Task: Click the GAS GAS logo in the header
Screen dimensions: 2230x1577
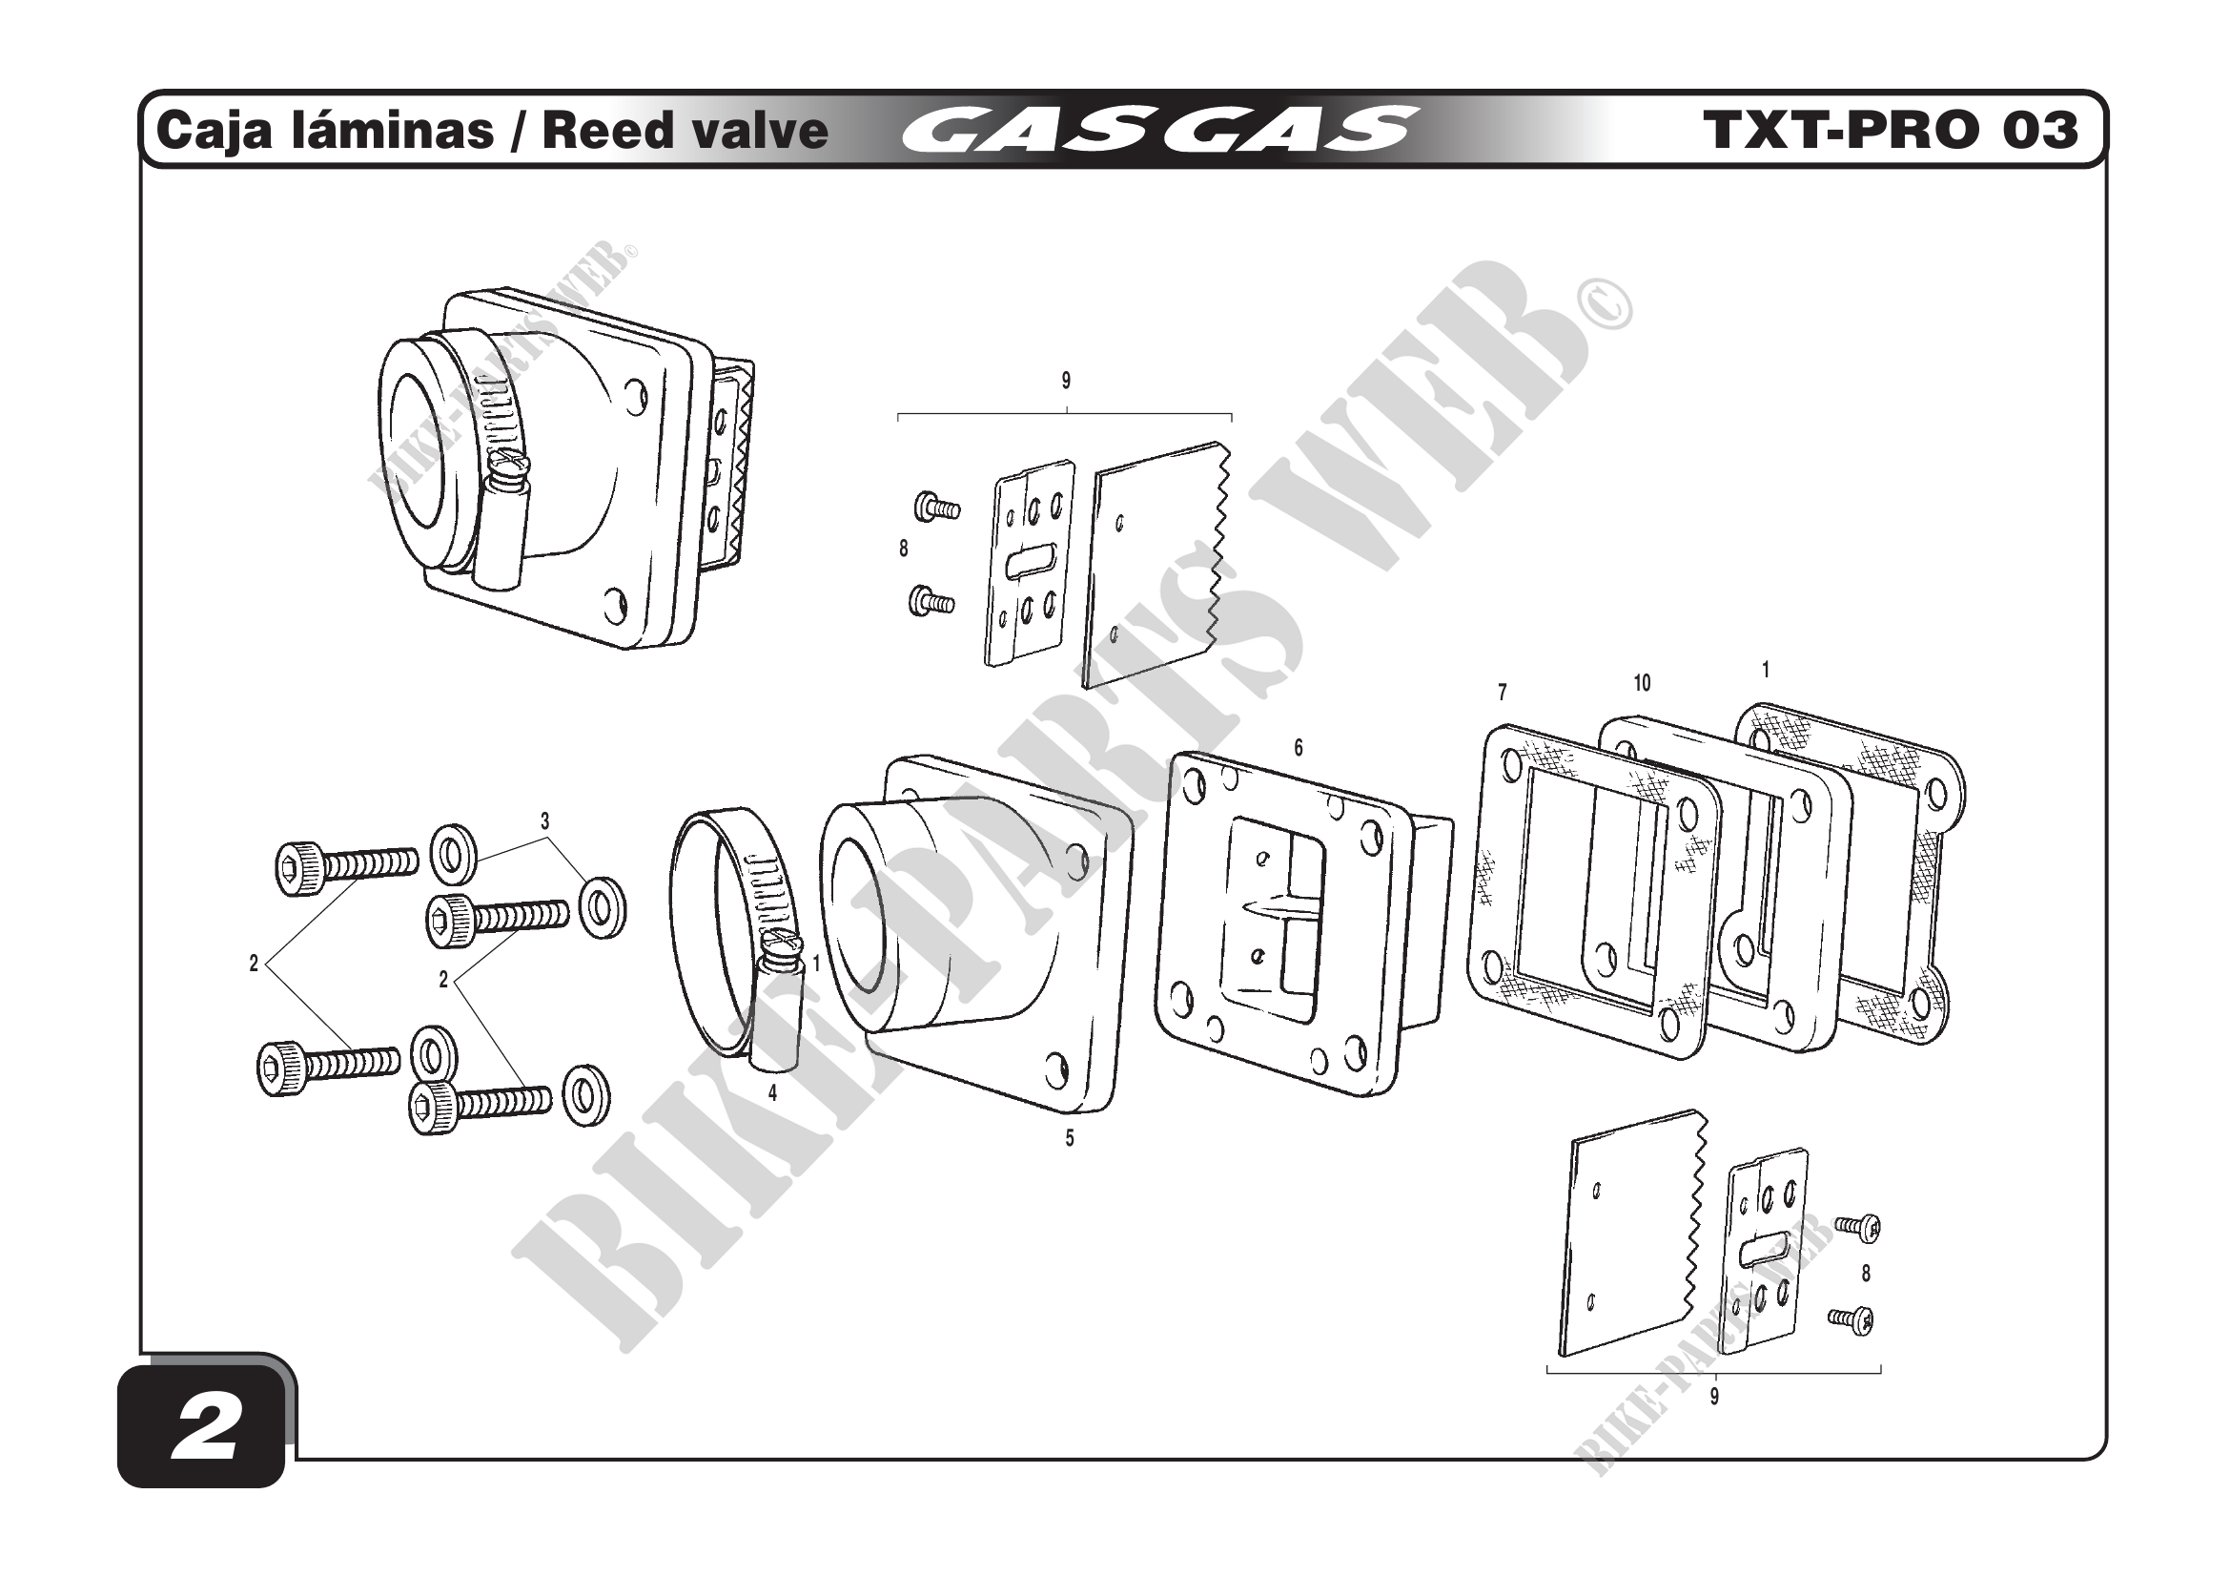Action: [x=1156, y=130]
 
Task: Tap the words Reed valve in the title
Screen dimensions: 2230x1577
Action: [x=685, y=130]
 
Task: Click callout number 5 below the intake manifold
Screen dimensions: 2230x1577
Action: [x=1070, y=1138]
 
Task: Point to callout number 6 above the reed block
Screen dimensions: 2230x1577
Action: [x=1298, y=748]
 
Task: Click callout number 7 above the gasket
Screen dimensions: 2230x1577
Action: [x=1502, y=693]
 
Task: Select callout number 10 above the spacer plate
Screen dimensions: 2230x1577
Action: [x=1642, y=683]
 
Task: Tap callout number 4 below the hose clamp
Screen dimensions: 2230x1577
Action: [x=772, y=1093]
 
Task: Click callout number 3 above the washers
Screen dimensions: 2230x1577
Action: [x=545, y=821]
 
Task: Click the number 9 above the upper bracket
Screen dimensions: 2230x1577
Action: [x=1066, y=381]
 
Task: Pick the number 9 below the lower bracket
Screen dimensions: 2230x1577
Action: [x=1714, y=1397]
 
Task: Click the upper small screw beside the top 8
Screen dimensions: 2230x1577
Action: [x=936, y=507]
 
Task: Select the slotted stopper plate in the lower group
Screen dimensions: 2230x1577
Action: [x=1766, y=1252]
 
